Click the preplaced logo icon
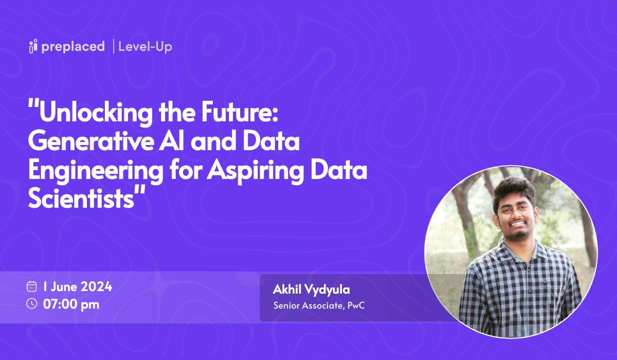point(33,46)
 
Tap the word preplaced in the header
point(73,47)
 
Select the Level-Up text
point(145,47)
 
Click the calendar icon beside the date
point(32,286)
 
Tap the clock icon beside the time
point(32,303)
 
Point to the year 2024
point(96,286)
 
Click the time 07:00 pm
point(71,304)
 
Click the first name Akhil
point(286,290)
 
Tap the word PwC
point(355,305)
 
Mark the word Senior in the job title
point(285,305)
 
